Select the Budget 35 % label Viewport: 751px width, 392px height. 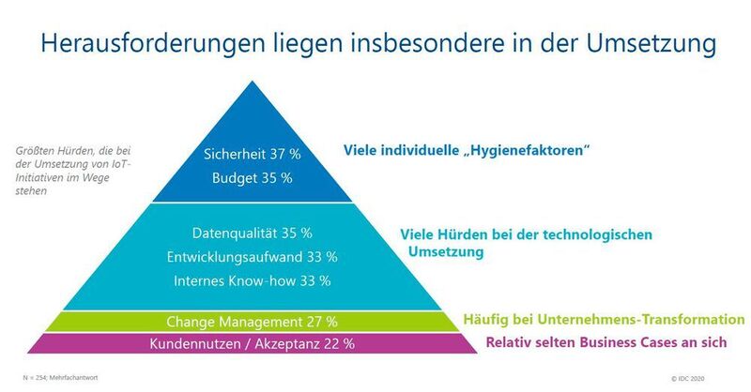[252, 177]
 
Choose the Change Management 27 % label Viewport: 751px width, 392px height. [253, 321]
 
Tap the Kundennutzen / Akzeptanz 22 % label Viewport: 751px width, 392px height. [252, 344]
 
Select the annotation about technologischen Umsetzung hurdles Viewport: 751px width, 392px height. [526, 242]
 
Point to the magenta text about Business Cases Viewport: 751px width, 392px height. [605, 343]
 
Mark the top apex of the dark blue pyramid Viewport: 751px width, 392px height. [252, 83]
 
